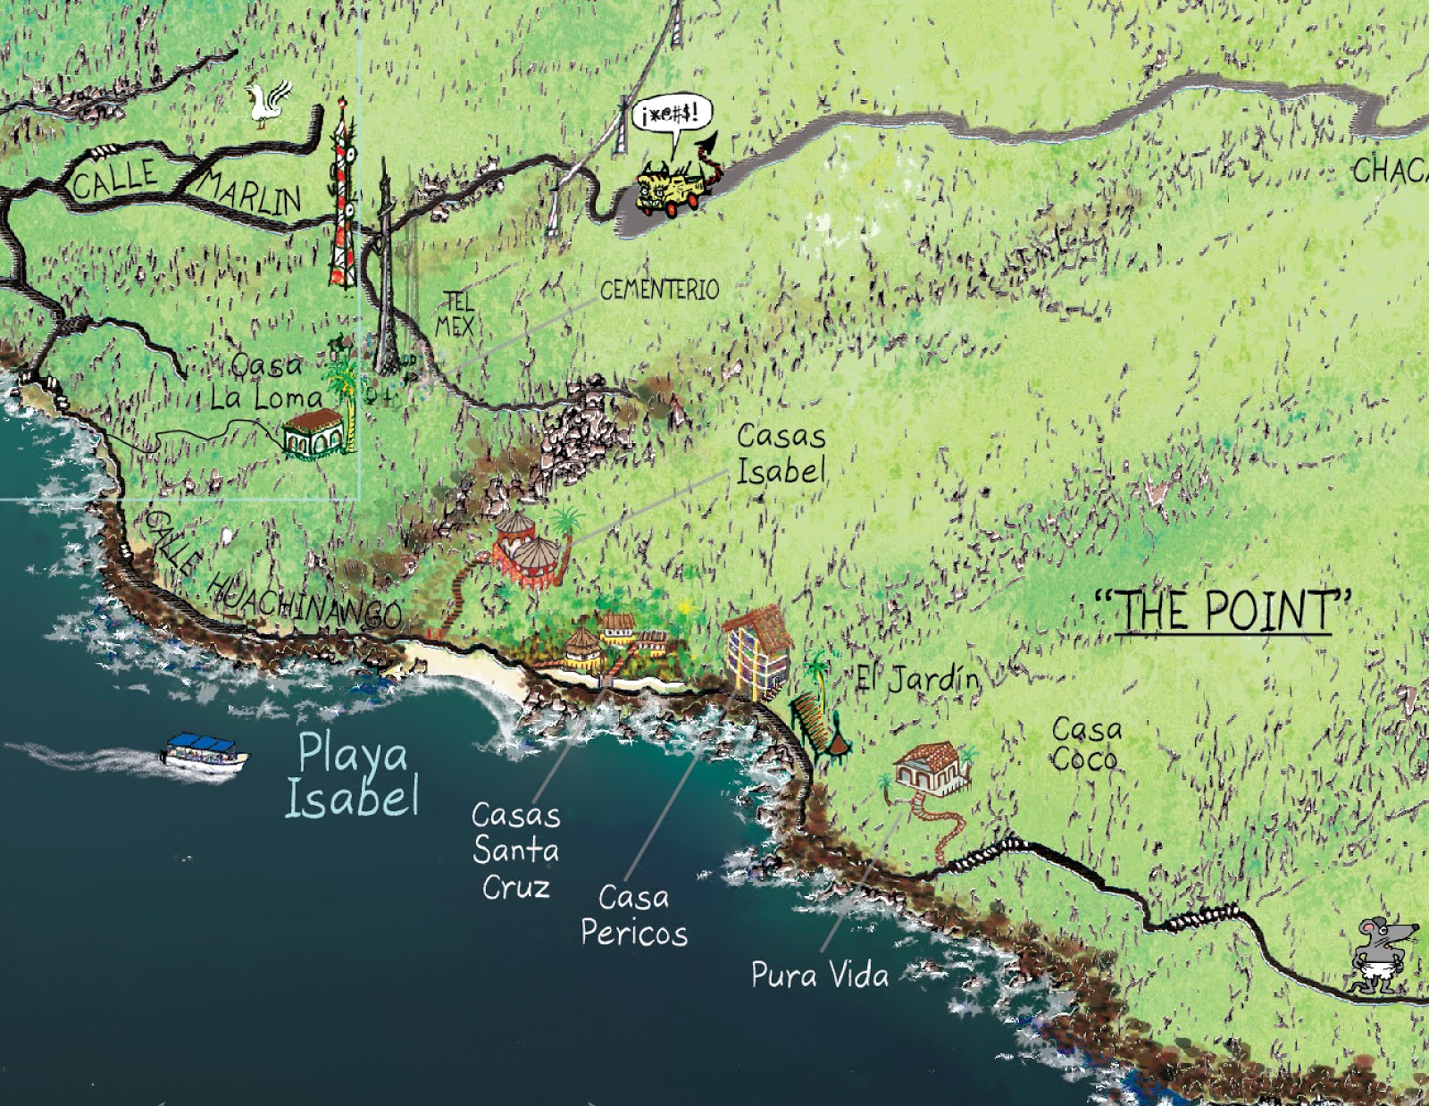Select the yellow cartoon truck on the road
[x=670, y=188]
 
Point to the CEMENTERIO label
[x=659, y=290]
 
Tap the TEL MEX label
[x=455, y=314]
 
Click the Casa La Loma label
[x=267, y=381]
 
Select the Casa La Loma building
[x=313, y=434]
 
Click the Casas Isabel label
[x=781, y=454]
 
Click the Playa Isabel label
[x=352, y=774]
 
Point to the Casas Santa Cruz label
[x=515, y=850]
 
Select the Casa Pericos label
[x=633, y=914]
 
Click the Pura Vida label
[x=819, y=974]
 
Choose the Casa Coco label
[x=1085, y=744]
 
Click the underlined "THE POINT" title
[x=1223, y=612]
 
